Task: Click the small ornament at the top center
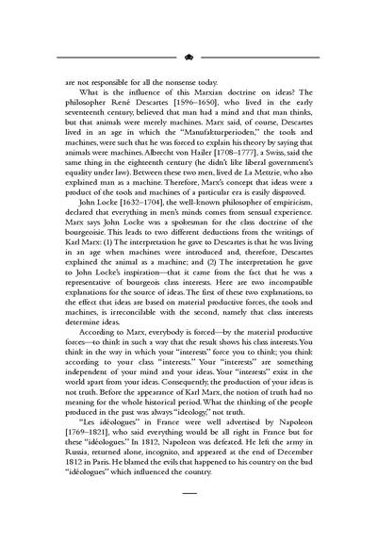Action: (x=189, y=56)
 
